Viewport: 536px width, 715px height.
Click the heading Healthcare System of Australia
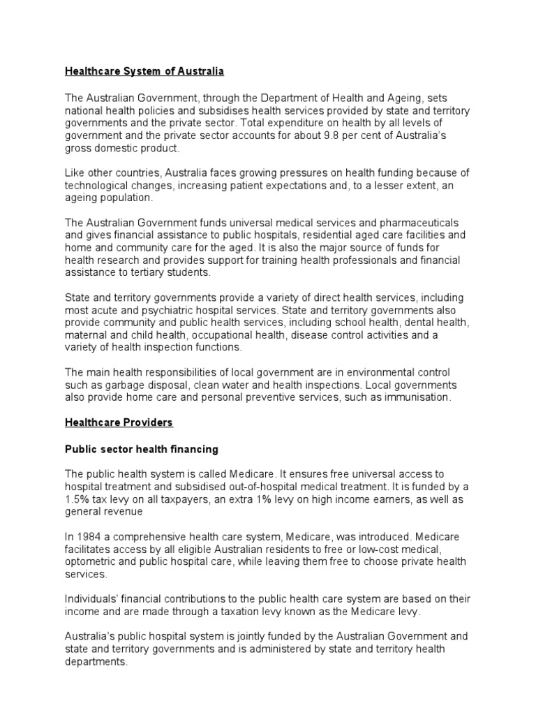pos(144,71)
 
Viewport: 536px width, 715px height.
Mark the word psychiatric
pos(179,310)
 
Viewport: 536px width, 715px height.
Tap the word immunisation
pos(418,398)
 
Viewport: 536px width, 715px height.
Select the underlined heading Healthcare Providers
pos(119,423)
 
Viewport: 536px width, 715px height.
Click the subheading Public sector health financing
pos(142,449)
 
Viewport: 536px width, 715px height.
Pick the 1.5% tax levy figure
pos(77,499)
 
